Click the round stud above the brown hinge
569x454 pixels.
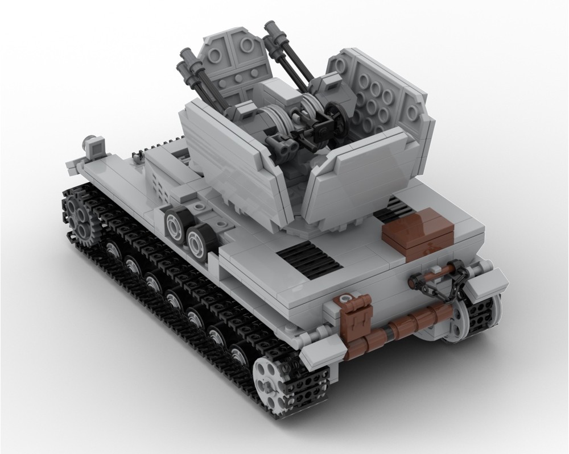[x=345, y=298]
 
